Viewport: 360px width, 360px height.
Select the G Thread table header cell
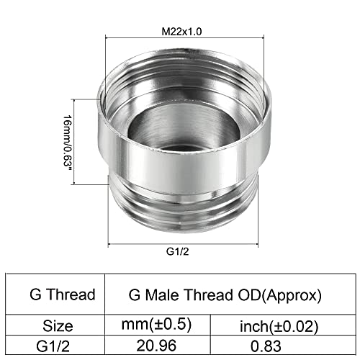tap(62, 294)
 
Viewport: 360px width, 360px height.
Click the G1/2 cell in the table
tap(61, 345)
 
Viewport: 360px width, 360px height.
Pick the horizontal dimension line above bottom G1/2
tap(180, 243)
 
